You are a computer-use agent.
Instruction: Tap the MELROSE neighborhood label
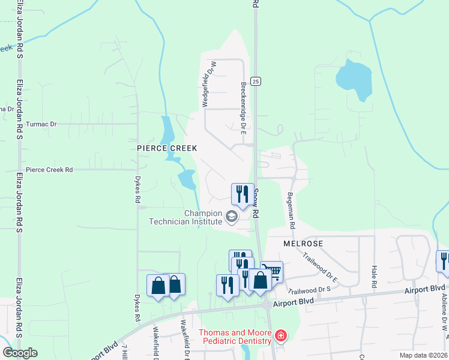point(303,244)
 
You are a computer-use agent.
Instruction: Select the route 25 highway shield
point(256,81)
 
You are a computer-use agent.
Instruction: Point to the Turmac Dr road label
point(41,124)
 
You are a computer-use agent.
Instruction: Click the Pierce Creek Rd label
point(49,170)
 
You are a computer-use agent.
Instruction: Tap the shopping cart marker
point(272,272)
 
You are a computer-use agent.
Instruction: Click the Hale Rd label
point(374,277)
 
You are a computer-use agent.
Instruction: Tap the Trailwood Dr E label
point(321,267)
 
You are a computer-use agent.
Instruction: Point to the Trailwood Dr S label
point(310,289)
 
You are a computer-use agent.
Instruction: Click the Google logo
point(20,353)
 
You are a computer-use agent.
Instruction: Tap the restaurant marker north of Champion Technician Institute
point(243,194)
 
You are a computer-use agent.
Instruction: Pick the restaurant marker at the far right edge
point(443,261)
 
